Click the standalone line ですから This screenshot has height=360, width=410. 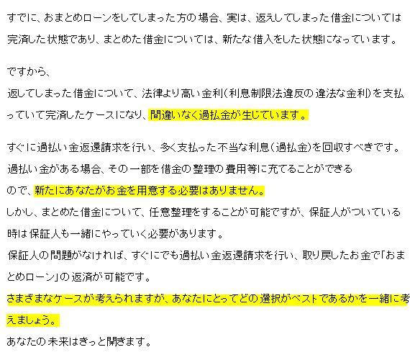[x=27, y=71]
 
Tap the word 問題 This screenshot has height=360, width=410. [x=60, y=256]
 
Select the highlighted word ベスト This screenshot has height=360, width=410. [x=301, y=299]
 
